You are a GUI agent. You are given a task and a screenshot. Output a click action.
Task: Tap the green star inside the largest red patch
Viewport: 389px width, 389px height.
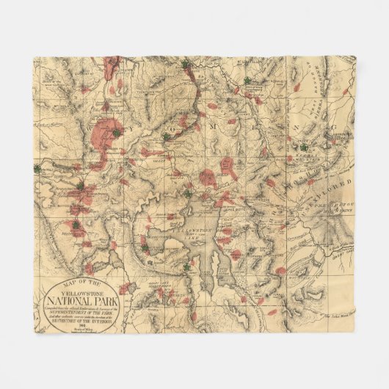(115, 133)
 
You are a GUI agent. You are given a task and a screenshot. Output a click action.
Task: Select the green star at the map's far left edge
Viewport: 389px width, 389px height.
(37, 168)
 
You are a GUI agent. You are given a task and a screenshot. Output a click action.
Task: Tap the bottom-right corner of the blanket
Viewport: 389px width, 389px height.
(354, 332)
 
